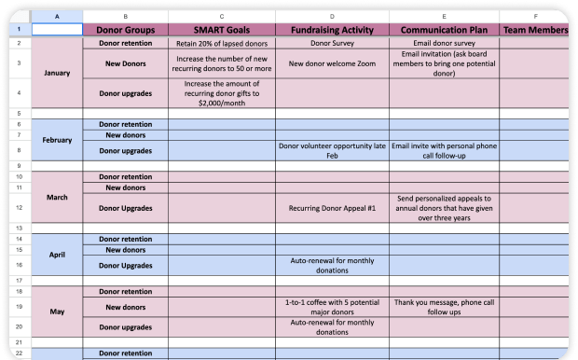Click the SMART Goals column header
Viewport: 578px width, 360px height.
[x=221, y=30]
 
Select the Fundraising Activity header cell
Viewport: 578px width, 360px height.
[x=331, y=30]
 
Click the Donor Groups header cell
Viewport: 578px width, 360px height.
[x=126, y=30]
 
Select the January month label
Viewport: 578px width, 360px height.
[x=57, y=72]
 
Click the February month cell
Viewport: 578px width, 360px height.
[x=57, y=139]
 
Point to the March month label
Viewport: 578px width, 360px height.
[x=57, y=198]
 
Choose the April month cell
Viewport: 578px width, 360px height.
[x=57, y=254]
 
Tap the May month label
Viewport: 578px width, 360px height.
[x=57, y=313]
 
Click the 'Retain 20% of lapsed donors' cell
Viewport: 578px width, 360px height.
[x=221, y=43]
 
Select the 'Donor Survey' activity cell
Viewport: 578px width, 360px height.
[x=331, y=43]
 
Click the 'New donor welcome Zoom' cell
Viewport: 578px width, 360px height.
[x=331, y=63]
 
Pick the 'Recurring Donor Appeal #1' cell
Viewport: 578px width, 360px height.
[x=331, y=208]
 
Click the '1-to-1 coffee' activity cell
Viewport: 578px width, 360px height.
[x=331, y=307]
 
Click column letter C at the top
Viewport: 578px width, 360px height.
[x=221, y=17]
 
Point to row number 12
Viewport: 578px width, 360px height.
[x=17, y=208]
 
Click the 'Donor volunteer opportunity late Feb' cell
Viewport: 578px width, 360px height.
[x=331, y=150]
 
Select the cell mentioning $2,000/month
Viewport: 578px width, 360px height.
[x=221, y=93]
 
